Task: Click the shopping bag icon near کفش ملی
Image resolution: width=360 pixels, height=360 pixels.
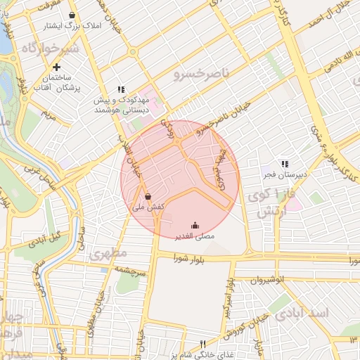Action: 148,196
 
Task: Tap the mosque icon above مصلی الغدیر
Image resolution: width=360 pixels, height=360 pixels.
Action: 195,226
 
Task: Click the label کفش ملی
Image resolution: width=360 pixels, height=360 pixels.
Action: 148,208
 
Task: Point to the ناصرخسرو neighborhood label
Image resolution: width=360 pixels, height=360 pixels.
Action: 202,73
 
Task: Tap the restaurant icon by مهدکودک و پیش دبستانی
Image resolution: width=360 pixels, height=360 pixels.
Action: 121,90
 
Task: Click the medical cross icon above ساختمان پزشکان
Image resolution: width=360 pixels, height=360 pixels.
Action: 57,67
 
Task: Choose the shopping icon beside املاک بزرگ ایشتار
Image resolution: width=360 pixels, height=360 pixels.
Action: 72,15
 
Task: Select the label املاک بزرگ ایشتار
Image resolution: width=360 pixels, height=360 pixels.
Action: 72,25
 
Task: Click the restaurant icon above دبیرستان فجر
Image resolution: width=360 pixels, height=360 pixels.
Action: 284,163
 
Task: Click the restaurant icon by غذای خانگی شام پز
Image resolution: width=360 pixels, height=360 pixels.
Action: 202,344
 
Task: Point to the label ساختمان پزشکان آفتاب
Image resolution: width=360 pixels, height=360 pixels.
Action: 57,82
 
